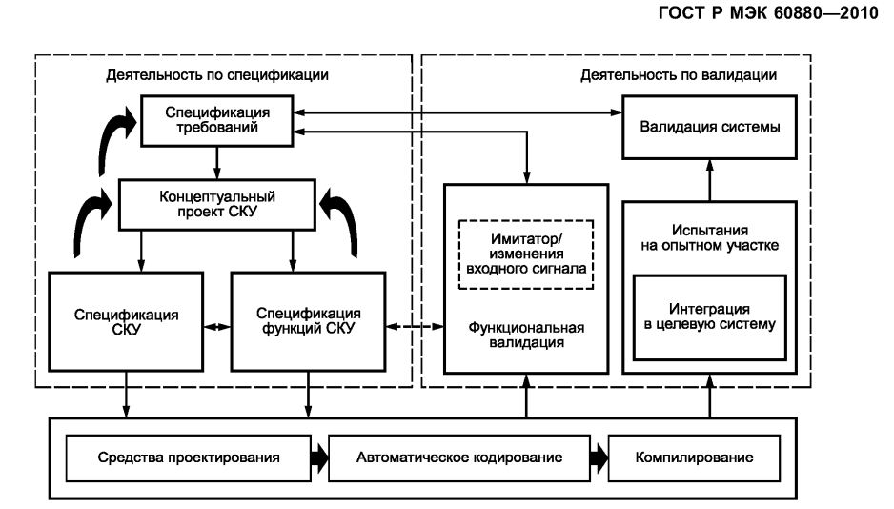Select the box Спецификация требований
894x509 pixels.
215,122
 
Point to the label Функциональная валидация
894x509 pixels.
526,336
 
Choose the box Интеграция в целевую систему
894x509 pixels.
708,317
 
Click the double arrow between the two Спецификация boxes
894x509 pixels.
218,327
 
